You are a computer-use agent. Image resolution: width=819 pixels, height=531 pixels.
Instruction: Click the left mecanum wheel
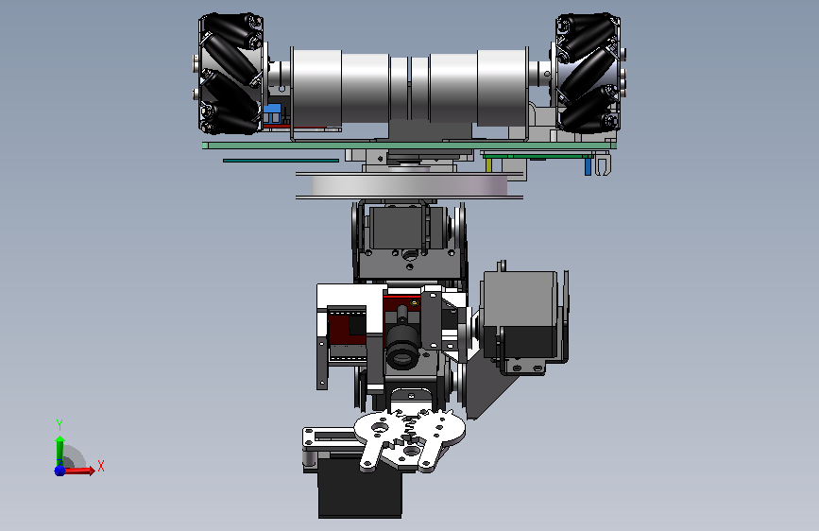(230, 73)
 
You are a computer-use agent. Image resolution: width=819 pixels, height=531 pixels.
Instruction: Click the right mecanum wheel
(589, 72)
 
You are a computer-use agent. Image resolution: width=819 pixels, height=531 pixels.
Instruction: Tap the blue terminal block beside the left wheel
(272, 113)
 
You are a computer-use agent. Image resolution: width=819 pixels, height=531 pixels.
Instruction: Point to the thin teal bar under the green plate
(281, 161)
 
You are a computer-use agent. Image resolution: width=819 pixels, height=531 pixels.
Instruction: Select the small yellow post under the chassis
(489, 165)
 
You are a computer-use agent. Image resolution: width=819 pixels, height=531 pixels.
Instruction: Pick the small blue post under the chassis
(588, 166)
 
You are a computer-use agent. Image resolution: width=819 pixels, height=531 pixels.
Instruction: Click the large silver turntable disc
(410, 185)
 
